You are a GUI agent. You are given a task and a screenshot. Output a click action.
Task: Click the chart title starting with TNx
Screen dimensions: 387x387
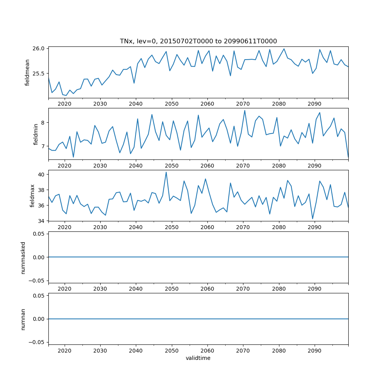pyautogui.click(x=198, y=41)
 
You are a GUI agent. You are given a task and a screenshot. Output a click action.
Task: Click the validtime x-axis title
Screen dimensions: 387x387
pyautogui.click(x=198, y=358)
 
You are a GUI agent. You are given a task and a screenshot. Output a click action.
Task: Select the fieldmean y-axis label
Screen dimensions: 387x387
pyautogui.click(x=27, y=72)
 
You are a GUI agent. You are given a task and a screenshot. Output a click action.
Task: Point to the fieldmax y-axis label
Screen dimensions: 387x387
pyautogui.click(x=33, y=195)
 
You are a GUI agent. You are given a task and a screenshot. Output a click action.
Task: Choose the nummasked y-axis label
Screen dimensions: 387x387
pyautogui.click(x=23, y=257)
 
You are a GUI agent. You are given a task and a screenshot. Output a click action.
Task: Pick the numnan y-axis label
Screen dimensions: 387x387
pyautogui.click(x=23, y=319)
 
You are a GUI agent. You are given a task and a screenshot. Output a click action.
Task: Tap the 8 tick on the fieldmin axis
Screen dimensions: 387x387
pyautogui.click(x=43, y=122)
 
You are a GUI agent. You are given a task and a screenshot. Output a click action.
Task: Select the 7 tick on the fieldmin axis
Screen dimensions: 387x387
pyautogui.click(x=43, y=144)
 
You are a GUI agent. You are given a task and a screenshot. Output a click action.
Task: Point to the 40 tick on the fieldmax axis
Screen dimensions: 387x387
pyautogui.click(x=41, y=175)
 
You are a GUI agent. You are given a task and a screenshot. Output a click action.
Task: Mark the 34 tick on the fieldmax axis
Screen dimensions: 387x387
pyautogui.click(x=41, y=221)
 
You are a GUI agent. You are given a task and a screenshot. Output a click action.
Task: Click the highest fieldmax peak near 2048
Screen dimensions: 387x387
pyautogui.click(x=166, y=172)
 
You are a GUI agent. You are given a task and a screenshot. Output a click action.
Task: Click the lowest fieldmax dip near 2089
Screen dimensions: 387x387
pyautogui.click(x=313, y=219)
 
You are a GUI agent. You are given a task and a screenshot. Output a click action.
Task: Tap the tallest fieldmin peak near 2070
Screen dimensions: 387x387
pyautogui.click(x=245, y=110)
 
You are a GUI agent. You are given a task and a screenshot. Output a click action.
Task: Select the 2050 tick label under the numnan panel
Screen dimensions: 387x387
pyautogui.click(x=171, y=351)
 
